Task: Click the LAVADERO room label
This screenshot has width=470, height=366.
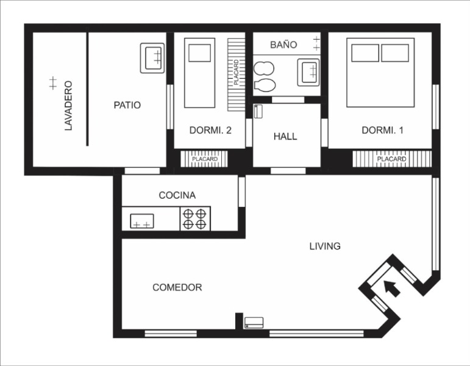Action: click(x=69, y=106)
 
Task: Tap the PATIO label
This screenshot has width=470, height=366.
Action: click(x=127, y=105)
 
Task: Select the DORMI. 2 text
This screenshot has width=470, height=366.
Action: click(x=210, y=130)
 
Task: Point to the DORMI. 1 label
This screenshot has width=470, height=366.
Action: click(x=382, y=130)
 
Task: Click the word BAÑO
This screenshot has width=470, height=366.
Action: click(x=283, y=45)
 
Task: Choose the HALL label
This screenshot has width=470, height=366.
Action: click(x=285, y=137)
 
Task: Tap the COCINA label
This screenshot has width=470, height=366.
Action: click(x=177, y=195)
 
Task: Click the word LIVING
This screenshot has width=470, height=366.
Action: click(x=325, y=246)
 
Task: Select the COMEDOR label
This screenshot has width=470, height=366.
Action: click(x=177, y=287)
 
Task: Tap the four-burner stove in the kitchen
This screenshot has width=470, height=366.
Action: click(x=195, y=219)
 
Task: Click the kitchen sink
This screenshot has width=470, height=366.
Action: click(x=142, y=221)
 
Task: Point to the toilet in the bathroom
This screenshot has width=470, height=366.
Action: click(x=265, y=85)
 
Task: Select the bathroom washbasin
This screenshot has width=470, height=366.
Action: click(x=308, y=73)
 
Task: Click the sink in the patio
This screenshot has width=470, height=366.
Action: click(x=152, y=58)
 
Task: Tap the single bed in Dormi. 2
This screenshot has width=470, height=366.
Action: click(x=199, y=73)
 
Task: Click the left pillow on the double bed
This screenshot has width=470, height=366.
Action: click(x=365, y=53)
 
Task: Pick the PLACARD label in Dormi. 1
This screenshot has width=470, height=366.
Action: click(x=391, y=159)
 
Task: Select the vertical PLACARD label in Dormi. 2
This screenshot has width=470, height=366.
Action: click(x=236, y=73)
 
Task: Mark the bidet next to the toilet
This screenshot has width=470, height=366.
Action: click(x=264, y=68)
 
